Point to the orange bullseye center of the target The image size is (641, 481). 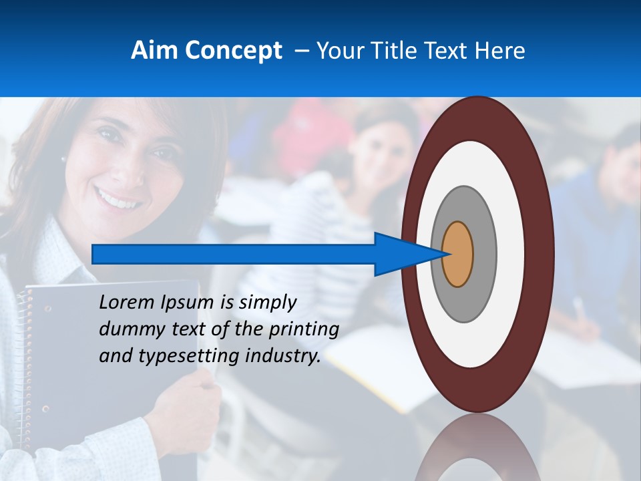pos(458,255)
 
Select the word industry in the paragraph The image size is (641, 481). pos(283,356)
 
